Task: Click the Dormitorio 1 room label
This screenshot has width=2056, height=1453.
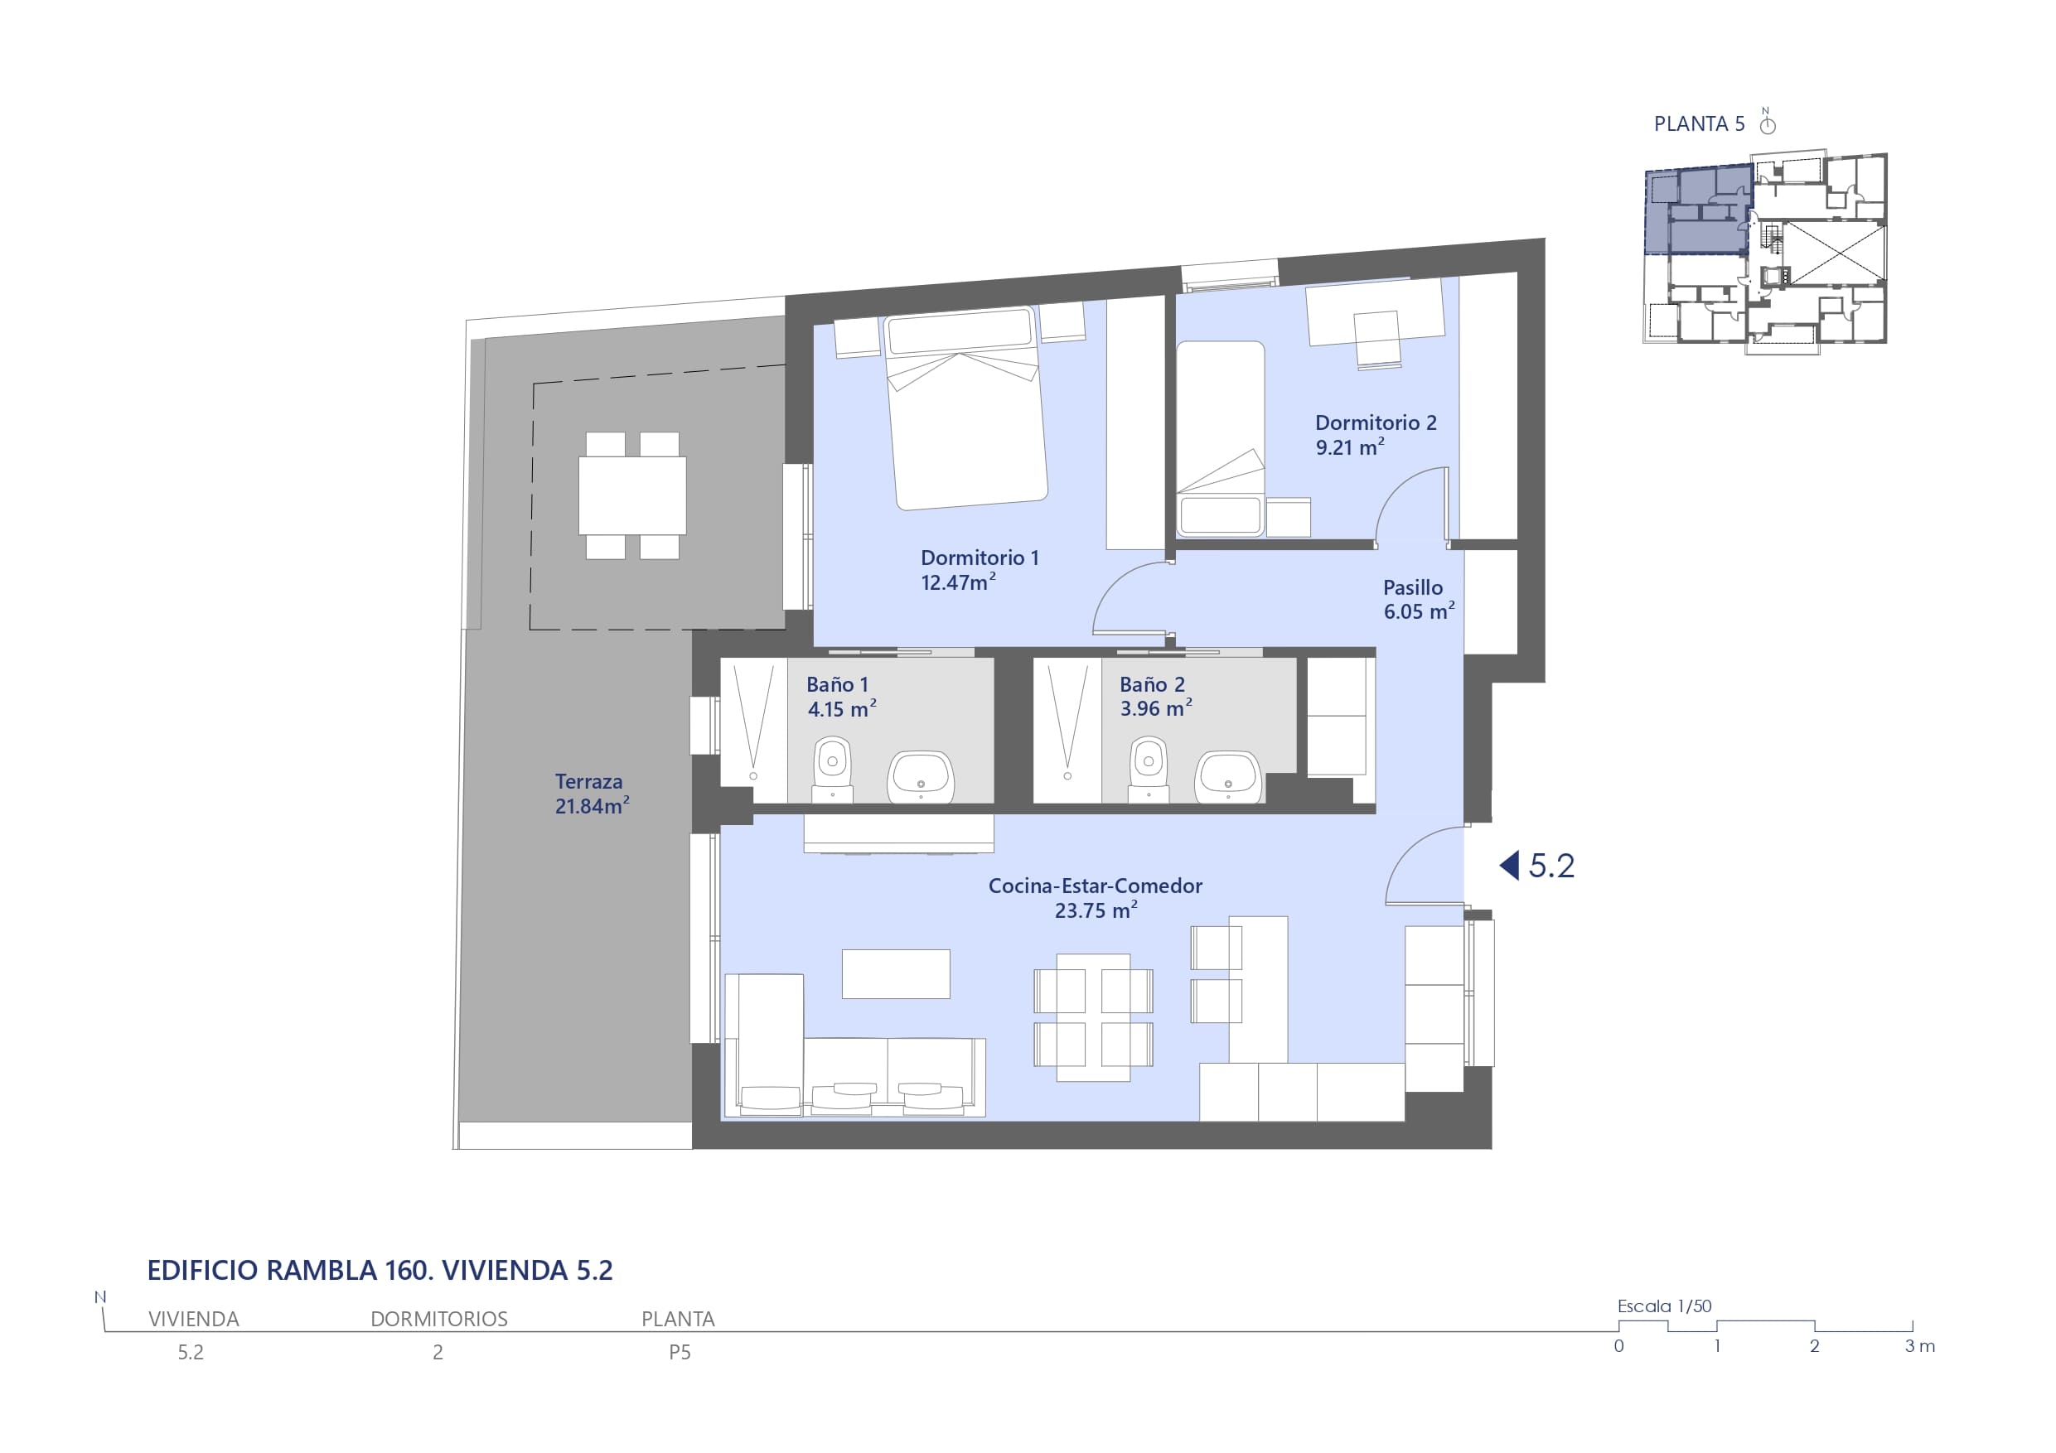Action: click(980, 558)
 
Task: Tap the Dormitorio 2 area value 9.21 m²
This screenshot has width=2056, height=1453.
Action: click(1349, 446)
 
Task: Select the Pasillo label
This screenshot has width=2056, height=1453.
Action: click(1413, 587)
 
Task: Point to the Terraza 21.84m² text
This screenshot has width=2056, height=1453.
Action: click(591, 794)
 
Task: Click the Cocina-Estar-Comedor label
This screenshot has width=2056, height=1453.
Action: click(1096, 886)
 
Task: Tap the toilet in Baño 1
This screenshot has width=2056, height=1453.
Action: click(833, 768)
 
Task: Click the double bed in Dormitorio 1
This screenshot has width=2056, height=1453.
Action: click(965, 408)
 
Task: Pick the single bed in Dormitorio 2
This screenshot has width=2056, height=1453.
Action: click(1221, 439)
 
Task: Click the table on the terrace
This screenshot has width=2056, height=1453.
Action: click(632, 495)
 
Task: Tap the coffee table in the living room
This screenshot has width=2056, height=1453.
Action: click(896, 974)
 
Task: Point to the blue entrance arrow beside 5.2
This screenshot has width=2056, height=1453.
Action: click(1509, 865)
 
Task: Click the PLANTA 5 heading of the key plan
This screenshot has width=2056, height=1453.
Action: click(1699, 124)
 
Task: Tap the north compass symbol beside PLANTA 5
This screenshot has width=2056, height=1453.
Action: click(1767, 122)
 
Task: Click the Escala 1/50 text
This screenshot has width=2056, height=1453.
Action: click(1664, 1306)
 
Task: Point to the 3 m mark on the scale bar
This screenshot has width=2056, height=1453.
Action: click(1920, 1346)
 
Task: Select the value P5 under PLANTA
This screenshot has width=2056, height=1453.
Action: click(680, 1353)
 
